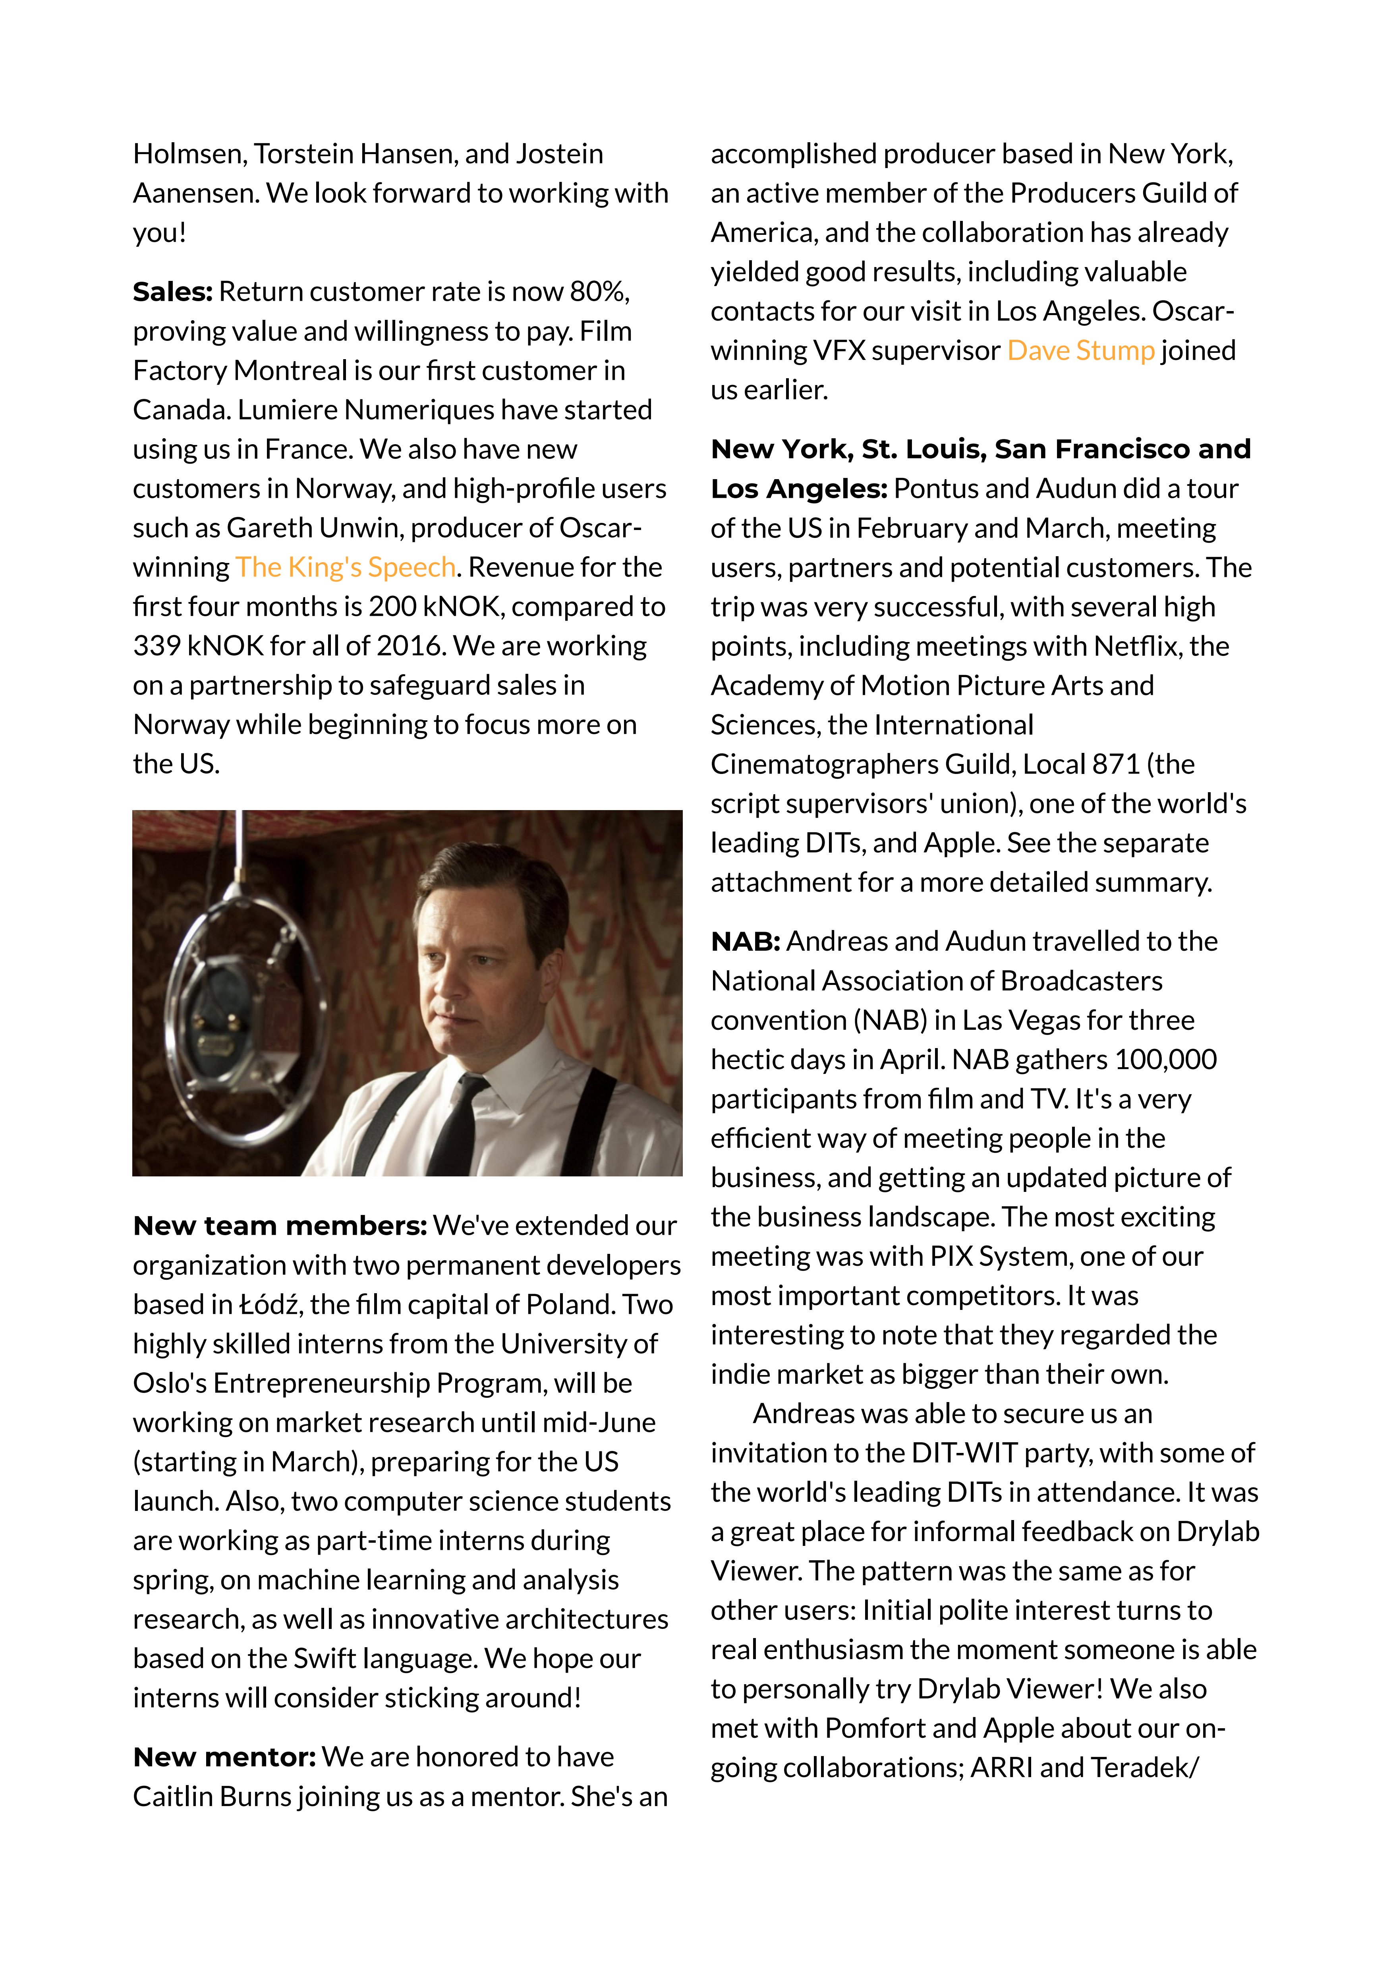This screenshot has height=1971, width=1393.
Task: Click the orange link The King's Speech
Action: [x=345, y=567]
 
